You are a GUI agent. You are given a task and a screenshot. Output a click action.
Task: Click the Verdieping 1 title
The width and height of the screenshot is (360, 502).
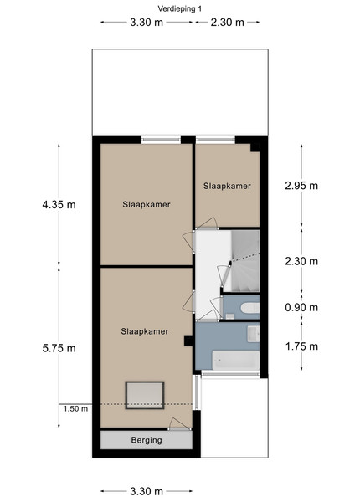point(180,8)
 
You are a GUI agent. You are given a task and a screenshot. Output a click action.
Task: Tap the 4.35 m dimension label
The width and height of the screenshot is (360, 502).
point(59,204)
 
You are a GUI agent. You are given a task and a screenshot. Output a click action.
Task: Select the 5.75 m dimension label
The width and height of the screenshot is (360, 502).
point(59,348)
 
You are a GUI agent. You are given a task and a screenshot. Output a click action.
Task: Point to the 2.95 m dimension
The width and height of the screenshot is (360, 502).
point(301,186)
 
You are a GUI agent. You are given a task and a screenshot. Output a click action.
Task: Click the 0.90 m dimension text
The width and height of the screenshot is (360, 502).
point(301,307)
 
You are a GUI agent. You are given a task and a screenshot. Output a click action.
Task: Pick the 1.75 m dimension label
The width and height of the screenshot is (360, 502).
point(301,346)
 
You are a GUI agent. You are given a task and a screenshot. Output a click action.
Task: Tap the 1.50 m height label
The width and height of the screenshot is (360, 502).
point(75,409)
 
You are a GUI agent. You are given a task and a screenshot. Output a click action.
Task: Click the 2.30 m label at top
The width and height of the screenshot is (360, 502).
point(228,22)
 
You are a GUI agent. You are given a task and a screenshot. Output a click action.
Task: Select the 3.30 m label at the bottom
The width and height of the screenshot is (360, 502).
point(147,491)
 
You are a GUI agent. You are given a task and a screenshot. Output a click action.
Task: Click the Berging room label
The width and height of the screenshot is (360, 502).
point(147,440)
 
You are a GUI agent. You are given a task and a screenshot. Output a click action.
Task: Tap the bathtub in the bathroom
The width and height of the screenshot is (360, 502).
point(236,360)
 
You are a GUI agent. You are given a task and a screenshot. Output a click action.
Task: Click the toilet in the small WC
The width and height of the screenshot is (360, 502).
point(249,308)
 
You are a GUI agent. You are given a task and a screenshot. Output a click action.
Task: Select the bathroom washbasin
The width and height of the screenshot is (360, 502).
point(253,334)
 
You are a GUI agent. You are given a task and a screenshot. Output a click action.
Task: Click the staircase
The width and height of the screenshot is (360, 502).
point(245,261)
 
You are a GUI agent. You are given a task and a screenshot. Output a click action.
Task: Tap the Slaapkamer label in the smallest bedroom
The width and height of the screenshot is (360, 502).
point(227,186)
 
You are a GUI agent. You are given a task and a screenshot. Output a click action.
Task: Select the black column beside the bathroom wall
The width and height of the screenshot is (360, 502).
point(188,341)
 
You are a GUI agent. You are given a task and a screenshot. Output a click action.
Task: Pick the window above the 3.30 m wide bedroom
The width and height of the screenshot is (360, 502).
point(161,139)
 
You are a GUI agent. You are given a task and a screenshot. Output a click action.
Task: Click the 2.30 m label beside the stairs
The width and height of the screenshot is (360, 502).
point(301,261)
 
